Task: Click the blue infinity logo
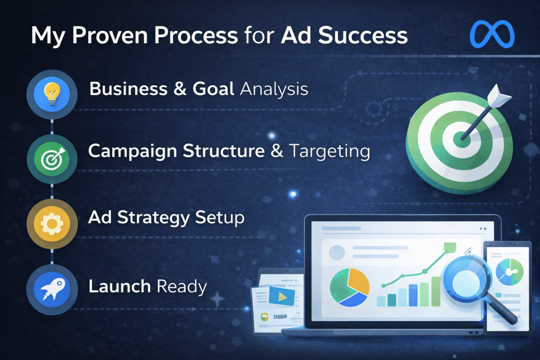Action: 492,34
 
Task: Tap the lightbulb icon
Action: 52,94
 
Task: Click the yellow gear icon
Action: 52,224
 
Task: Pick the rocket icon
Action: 53,289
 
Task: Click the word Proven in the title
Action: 110,36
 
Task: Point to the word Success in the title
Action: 363,36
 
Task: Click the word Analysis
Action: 274,89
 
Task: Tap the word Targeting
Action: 329,152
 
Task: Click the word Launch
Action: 120,286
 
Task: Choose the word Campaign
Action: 133,152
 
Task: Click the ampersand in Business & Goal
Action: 180,89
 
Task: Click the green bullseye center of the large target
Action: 461,140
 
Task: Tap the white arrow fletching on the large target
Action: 498,96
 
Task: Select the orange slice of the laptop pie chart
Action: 358,281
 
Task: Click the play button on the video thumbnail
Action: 282,297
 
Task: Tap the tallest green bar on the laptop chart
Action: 436,291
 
